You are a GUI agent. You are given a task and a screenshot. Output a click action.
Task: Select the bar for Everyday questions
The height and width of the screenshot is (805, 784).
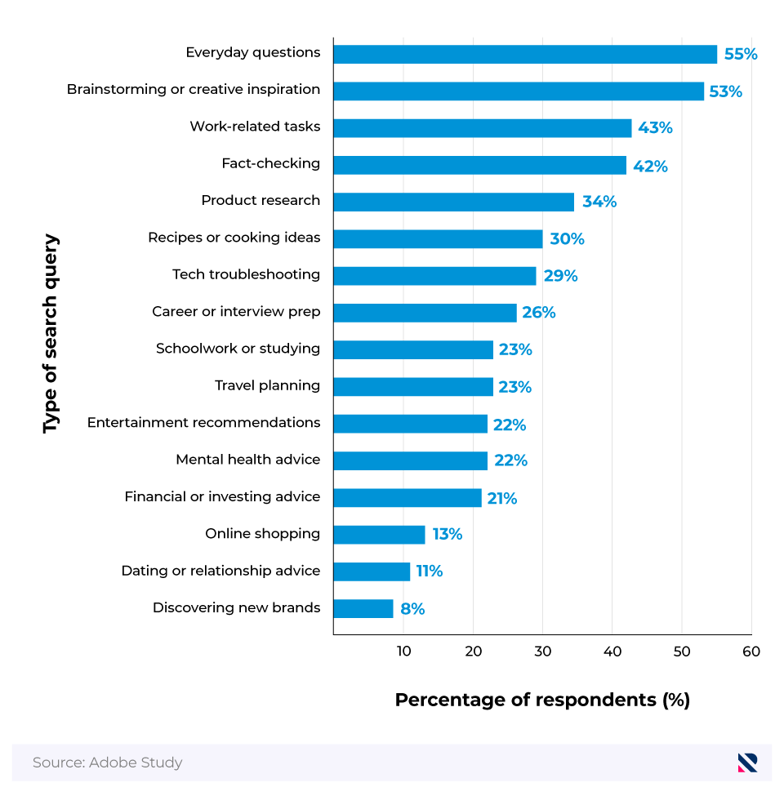(525, 54)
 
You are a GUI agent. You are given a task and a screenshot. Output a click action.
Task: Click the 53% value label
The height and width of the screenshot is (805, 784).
(725, 91)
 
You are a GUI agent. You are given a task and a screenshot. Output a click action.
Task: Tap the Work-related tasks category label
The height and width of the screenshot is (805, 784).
(255, 127)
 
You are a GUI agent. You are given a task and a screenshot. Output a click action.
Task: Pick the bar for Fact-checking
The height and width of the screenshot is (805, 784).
(479, 165)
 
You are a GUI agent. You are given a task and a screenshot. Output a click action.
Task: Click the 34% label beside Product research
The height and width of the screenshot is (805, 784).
(599, 202)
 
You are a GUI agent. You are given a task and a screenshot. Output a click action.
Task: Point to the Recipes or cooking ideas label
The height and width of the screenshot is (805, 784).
(234, 238)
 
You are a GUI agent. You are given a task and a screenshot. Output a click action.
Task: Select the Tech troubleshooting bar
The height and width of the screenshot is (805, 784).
(434, 276)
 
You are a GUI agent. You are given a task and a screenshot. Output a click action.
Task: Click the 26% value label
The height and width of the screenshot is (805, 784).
(538, 313)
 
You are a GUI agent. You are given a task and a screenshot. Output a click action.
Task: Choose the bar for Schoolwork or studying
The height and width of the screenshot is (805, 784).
(413, 349)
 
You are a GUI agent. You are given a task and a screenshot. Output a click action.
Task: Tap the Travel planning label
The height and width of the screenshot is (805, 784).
(267, 385)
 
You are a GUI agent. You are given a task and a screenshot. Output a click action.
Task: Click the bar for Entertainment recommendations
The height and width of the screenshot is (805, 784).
(410, 424)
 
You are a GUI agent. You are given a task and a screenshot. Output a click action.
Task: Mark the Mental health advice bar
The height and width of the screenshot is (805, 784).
(410, 460)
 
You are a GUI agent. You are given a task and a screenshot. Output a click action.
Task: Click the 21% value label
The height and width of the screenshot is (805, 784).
(501, 498)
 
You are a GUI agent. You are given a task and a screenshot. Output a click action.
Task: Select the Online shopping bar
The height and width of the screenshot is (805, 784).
(379, 535)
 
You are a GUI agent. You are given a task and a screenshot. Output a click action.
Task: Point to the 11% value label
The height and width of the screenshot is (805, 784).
(429, 572)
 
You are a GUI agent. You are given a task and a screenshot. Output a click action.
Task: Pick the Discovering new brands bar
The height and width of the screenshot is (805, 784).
(363, 608)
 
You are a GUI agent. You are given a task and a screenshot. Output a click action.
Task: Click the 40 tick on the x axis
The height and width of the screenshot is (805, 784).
(612, 652)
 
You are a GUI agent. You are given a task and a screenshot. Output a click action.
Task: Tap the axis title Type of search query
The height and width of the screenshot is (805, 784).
(51, 334)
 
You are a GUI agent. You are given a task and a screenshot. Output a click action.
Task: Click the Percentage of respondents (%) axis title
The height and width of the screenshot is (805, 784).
(542, 700)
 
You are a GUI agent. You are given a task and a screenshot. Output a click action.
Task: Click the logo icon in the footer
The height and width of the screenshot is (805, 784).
(747, 763)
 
